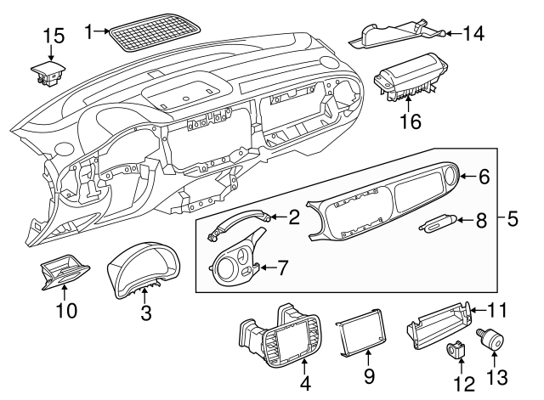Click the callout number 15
(x=54, y=36)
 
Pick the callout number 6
(x=484, y=177)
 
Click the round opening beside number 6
(x=450, y=177)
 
